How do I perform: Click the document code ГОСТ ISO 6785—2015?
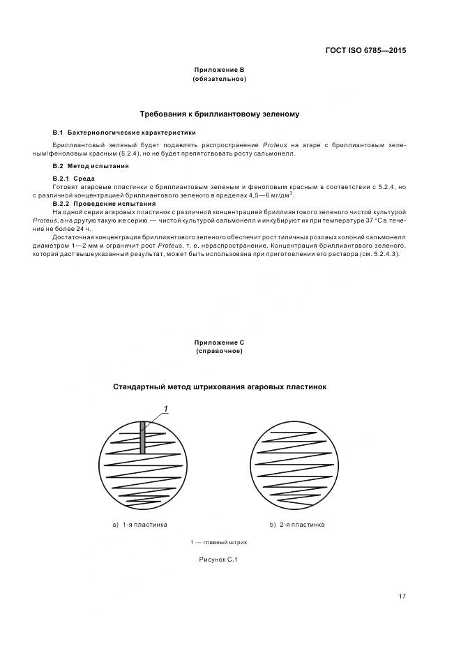[365, 50]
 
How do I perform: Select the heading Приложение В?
[219, 70]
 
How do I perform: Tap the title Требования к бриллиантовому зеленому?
[220, 113]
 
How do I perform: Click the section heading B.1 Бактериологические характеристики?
[124, 132]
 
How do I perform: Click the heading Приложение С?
[219, 343]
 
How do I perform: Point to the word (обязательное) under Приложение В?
[219, 78]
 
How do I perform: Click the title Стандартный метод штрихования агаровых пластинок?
[219, 386]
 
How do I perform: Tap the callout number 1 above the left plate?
[166, 408]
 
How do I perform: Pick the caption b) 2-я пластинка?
[297, 524]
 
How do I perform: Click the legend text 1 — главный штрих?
[219, 542]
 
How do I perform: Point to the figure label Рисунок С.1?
[219, 560]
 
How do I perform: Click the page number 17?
[402, 596]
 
